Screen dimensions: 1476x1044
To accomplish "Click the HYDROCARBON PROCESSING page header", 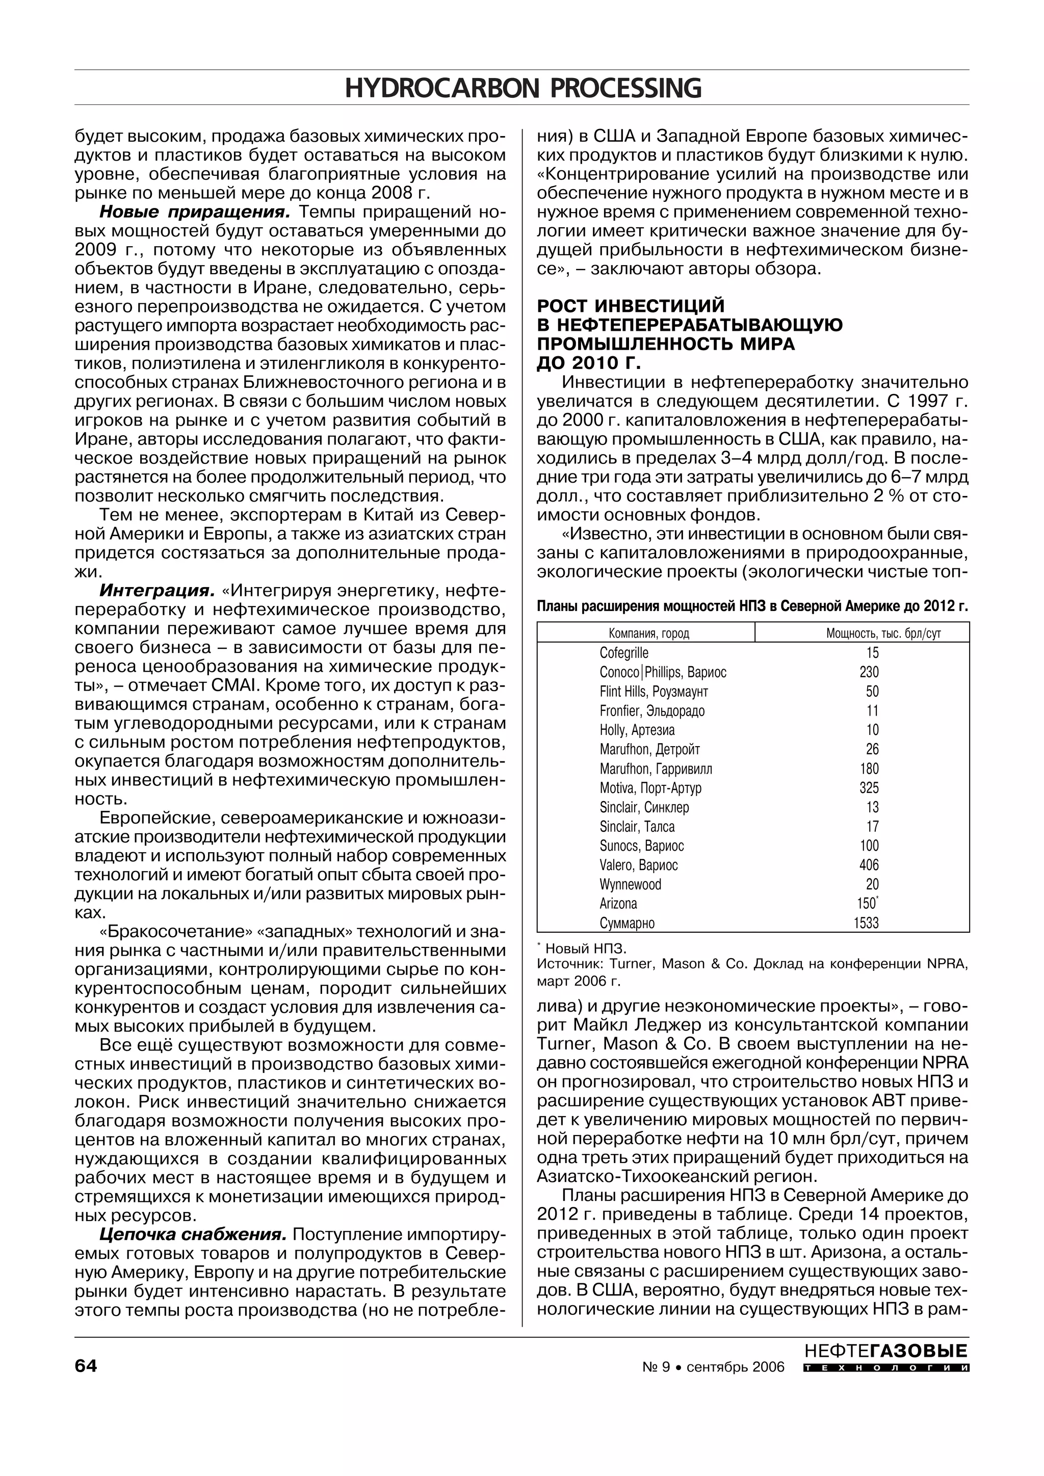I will [x=522, y=88].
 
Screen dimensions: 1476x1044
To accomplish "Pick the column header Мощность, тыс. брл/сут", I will [x=883, y=633].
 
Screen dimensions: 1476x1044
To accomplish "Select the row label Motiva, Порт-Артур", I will [x=650, y=788].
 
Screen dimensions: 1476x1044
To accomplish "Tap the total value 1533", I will [x=866, y=923].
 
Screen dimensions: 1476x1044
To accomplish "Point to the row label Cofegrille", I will [x=624, y=653].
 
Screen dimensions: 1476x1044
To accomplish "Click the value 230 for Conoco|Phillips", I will [x=869, y=672].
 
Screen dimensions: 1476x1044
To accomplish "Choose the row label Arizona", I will [x=618, y=904].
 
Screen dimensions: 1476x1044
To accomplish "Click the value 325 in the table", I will [x=869, y=788].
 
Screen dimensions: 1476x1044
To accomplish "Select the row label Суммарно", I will [x=627, y=923].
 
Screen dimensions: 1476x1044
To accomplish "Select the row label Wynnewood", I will [x=630, y=885].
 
